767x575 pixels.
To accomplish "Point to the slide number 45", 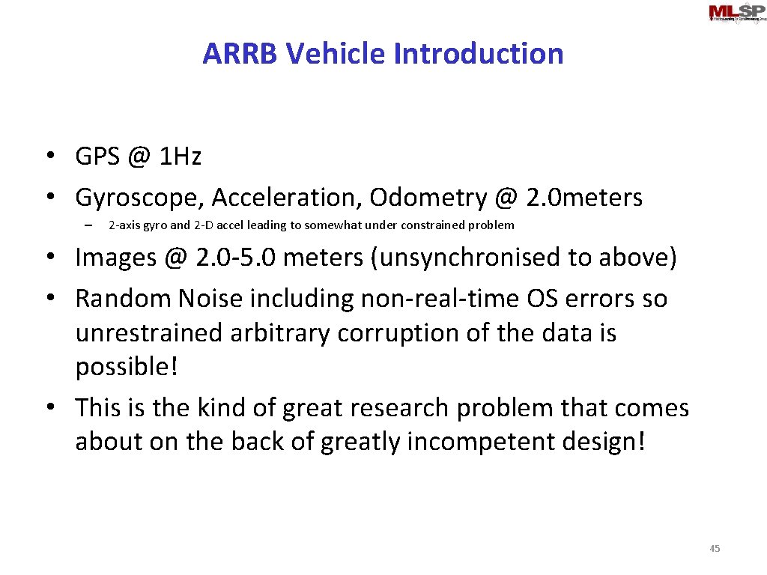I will pos(715,549).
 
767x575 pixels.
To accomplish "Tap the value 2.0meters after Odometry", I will pos(584,198).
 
